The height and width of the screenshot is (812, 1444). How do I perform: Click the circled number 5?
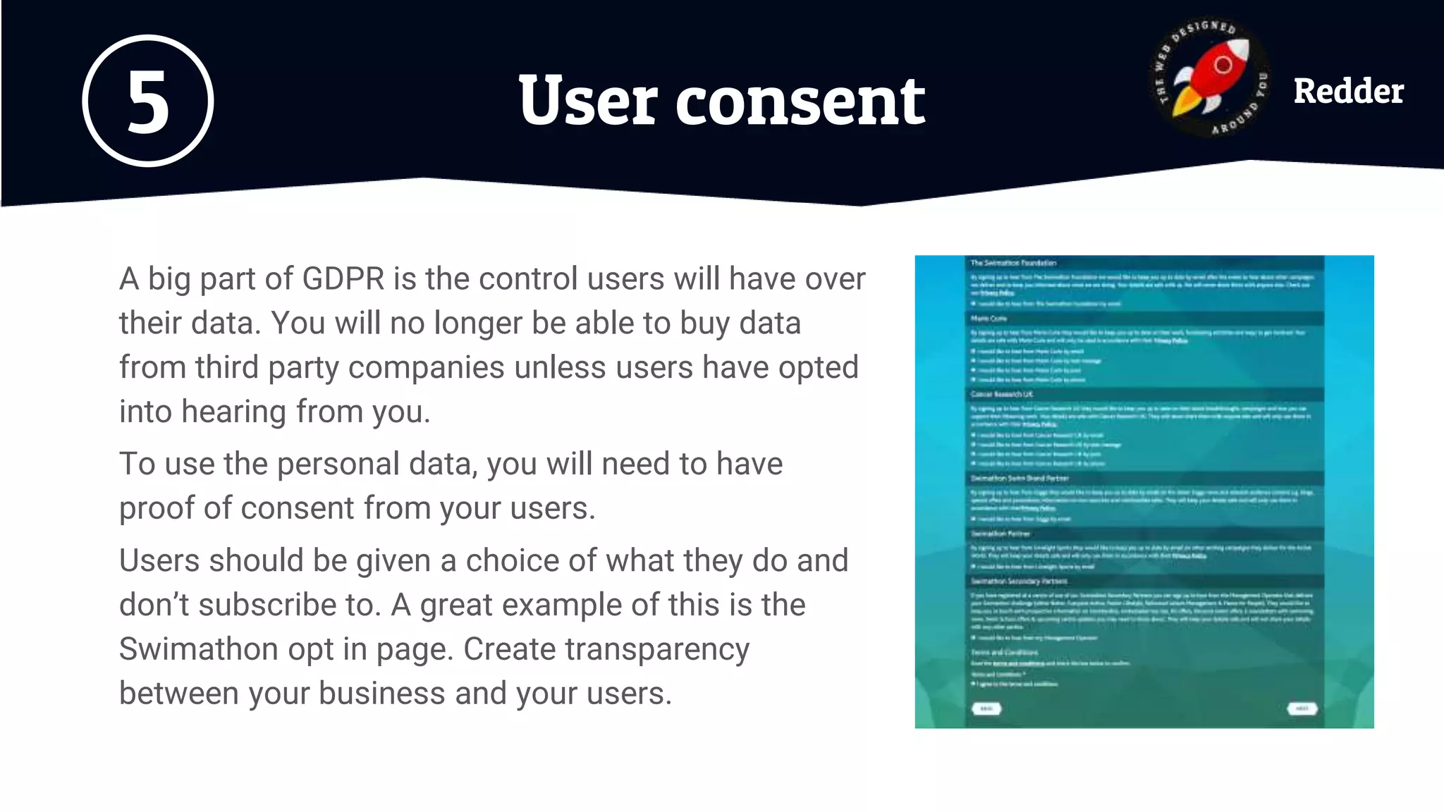point(147,101)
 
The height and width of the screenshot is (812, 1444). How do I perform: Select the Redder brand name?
point(1348,92)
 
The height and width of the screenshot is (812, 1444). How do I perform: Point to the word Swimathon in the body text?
point(198,649)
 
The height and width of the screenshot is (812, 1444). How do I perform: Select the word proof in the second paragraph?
point(157,508)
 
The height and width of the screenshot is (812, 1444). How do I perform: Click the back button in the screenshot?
point(986,708)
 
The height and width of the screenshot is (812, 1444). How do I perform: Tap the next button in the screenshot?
point(1302,708)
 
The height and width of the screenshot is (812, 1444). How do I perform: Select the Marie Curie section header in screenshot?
point(989,319)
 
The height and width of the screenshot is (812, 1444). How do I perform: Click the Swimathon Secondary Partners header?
point(1019,582)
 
